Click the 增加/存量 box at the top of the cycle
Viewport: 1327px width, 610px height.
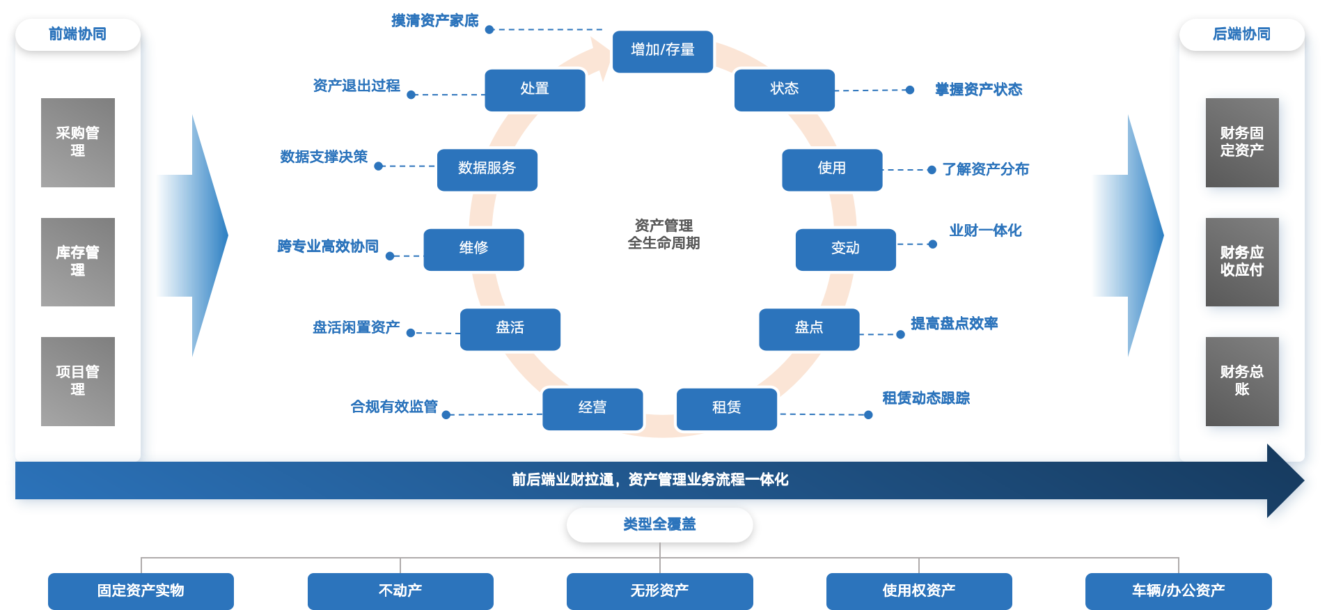click(663, 50)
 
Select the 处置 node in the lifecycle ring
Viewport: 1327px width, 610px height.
click(535, 89)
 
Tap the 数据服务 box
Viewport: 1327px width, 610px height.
click(487, 169)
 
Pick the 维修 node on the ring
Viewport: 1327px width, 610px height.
click(473, 249)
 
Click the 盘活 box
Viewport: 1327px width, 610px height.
click(510, 328)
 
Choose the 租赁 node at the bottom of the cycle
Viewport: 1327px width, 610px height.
click(726, 408)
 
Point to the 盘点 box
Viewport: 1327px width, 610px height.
click(809, 328)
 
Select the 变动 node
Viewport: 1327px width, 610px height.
click(845, 249)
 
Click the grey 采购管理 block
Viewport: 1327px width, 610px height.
click(78, 142)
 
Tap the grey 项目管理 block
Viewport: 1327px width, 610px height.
click(78, 381)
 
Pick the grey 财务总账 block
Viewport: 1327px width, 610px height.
click(1242, 381)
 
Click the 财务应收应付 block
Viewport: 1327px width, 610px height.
click(1242, 262)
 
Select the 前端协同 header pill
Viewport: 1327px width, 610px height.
click(78, 34)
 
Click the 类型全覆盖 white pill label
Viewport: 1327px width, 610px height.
click(659, 524)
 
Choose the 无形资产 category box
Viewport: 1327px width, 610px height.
click(659, 591)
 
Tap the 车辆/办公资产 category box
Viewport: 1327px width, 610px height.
click(1178, 591)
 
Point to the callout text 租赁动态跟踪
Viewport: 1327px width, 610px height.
click(926, 398)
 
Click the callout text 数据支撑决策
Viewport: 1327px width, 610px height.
click(324, 157)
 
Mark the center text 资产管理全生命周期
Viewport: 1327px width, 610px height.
click(663, 234)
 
